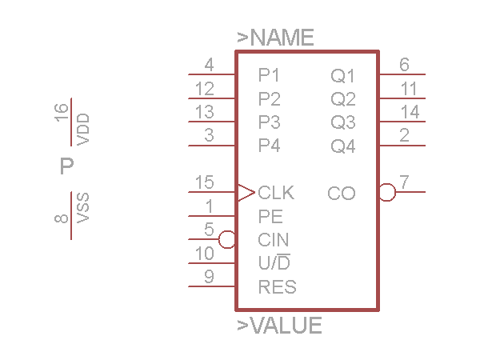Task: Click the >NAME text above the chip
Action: [x=276, y=38]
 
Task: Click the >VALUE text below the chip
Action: [x=280, y=326]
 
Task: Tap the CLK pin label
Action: [x=276, y=193]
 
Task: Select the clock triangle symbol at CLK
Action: [x=246, y=192]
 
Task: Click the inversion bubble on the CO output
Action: [x=387, y=192]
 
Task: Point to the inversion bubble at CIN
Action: [x=226, y=239]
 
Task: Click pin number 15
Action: [x=204, y=182]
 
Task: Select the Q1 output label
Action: [x=343, y=76]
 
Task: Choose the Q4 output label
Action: [x=343, y=146]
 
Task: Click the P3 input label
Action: [x=270, y=122]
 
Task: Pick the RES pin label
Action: [x=277, y=286]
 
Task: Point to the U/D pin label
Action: [x=274, y=262]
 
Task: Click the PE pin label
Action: [x=270, y=216]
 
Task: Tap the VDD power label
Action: [x=83, y=129]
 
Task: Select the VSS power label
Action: [x=83, y=209]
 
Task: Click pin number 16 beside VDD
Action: [x=62, y=114]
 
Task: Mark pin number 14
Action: [x=410, y=112]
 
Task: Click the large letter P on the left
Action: [x=67, y=166]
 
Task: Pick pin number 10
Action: [x=204, y=253]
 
